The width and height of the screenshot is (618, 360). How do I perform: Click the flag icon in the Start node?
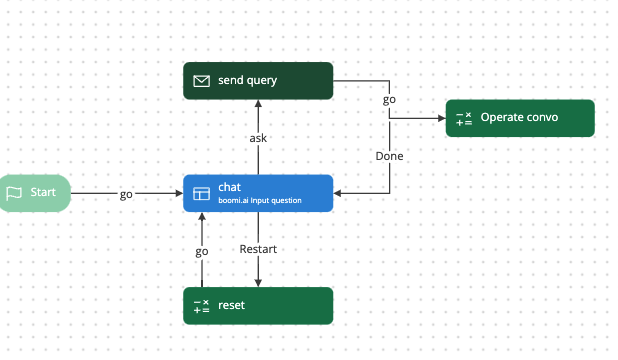pos(14,193)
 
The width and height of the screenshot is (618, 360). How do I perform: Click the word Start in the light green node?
pos(43,193)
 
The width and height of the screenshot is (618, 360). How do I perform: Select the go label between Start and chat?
pos(126,194)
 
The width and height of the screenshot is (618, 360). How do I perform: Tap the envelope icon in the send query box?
pos(201,80)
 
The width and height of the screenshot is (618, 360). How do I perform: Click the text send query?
pos(247,80)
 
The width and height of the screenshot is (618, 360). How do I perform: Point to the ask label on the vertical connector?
pos(258,138)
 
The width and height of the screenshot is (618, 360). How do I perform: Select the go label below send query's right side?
pos(389,100)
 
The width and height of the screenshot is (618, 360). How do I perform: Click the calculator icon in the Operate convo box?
pos(463,118)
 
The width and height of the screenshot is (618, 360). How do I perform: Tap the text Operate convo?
pos(519,118)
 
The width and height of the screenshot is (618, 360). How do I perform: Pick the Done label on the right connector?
pos(389,156)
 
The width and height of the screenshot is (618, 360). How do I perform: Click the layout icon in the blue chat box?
pos(201,193)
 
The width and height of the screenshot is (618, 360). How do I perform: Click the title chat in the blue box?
pos(229,186)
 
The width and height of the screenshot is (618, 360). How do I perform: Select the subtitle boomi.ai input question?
pos(259,200)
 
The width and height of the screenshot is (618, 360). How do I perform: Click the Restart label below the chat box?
pos(258,249)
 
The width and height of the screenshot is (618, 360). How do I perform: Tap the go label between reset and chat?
pos(201,252)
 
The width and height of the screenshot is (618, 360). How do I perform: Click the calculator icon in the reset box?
pos(201,306)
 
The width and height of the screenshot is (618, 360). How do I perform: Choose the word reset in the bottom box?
pos(231,306)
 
